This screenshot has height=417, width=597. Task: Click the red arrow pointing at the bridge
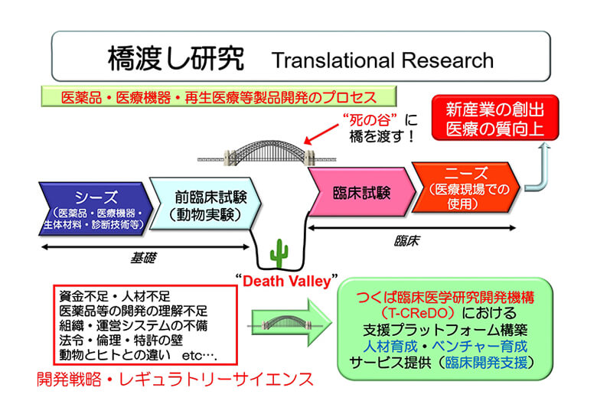321,134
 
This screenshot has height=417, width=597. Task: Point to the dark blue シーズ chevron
96,208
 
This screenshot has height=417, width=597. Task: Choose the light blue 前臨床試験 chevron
206,204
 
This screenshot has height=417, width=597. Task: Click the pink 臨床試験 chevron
362,192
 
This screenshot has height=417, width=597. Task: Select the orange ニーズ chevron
466,187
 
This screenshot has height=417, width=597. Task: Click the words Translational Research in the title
383,60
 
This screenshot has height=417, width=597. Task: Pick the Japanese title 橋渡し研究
176,59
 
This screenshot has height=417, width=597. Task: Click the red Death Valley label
287,281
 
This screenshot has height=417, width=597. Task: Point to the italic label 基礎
143,259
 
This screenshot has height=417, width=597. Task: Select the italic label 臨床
406,240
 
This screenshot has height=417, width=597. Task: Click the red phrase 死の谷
370,120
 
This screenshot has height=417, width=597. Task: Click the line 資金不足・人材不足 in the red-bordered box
115,296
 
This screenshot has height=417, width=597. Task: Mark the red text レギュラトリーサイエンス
216,380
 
